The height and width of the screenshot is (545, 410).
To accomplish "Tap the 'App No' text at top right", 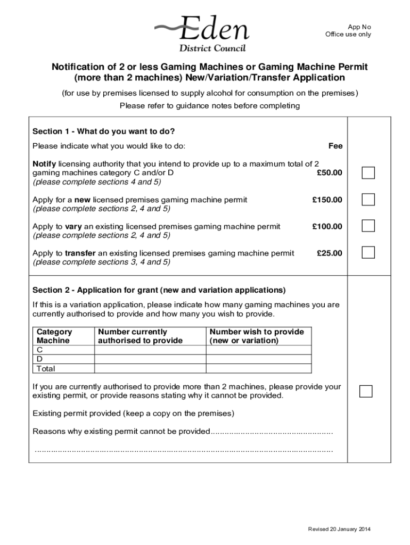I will tap(359, 27).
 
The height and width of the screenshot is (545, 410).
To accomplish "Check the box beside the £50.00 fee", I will tap(368, 173).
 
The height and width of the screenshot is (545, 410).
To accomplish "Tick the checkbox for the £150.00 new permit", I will tap(368, 200).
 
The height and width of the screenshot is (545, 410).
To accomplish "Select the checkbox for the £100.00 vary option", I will tap(368, 226).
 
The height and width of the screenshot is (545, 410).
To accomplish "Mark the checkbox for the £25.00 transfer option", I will tap(368, 252).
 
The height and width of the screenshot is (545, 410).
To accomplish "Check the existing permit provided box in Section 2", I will tap(366, 391).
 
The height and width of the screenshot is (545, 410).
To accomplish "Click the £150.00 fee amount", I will tap(327, 200).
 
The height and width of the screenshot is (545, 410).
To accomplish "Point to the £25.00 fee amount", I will tap(329, 253).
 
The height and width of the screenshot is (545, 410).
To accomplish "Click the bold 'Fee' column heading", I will tap(335, 146).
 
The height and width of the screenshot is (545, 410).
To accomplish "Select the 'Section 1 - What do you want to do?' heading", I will tap(104, 131).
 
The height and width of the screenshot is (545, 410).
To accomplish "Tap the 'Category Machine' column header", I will tap(54, 336).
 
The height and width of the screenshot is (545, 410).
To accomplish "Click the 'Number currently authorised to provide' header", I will tap(140, 336).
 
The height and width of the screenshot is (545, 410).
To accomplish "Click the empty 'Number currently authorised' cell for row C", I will tap(150, 350).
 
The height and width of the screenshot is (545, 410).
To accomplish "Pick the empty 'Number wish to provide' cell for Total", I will tap(258, 368).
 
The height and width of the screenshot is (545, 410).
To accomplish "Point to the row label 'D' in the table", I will tap(39, 359).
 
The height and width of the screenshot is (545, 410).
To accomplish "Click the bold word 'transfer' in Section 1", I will tap(80, 253).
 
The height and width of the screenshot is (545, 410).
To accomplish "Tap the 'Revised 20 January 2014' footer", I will tap(339, 529).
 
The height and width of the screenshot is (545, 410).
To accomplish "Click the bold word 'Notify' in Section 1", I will tap(44, 164).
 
